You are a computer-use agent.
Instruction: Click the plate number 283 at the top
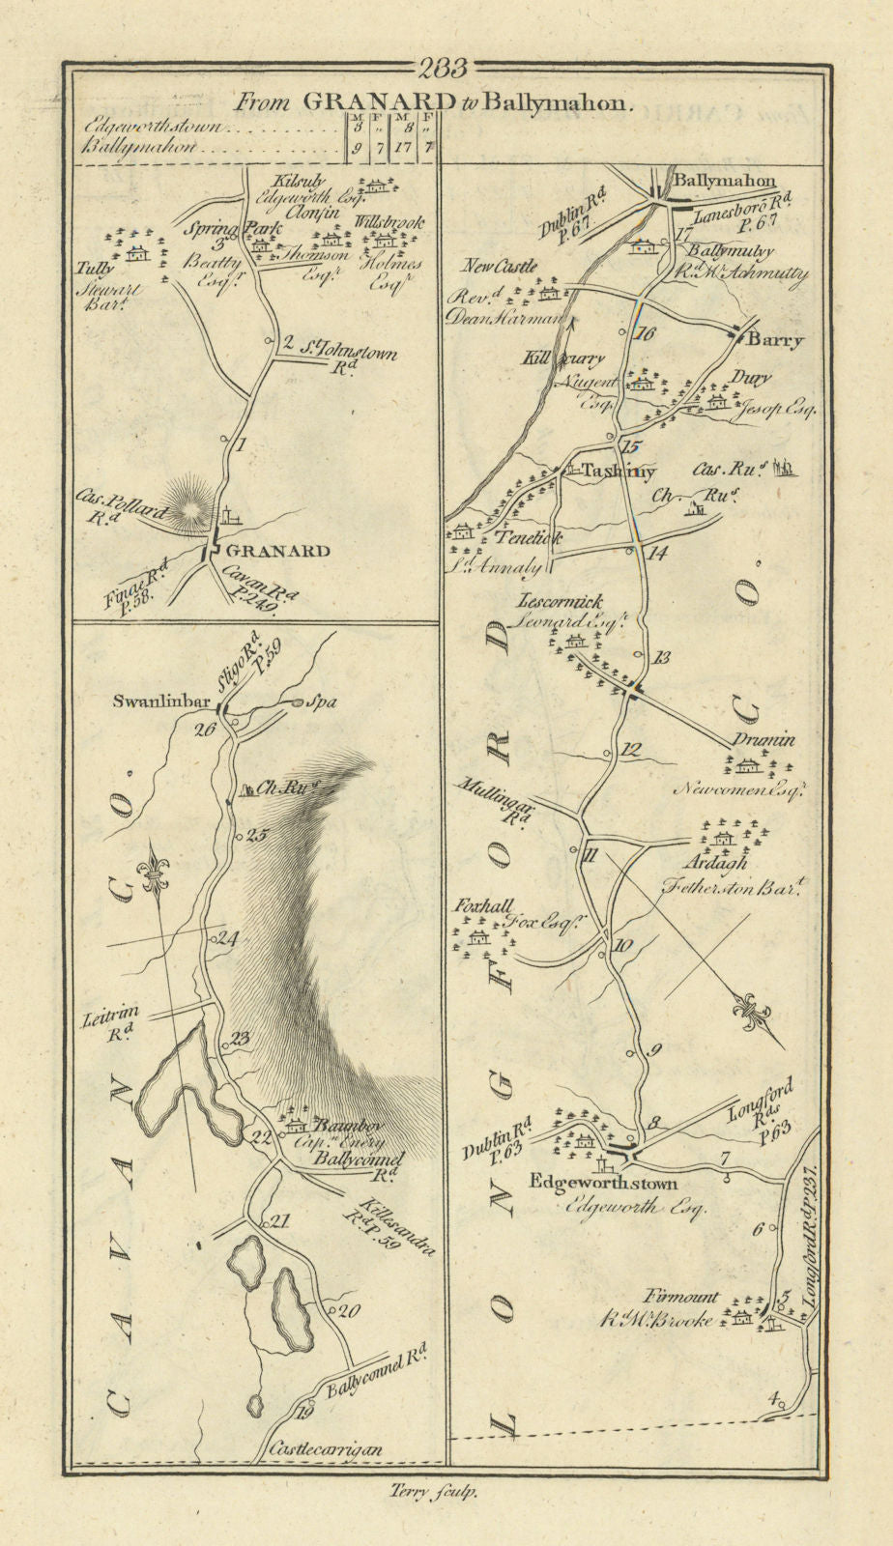coord(446,69)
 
